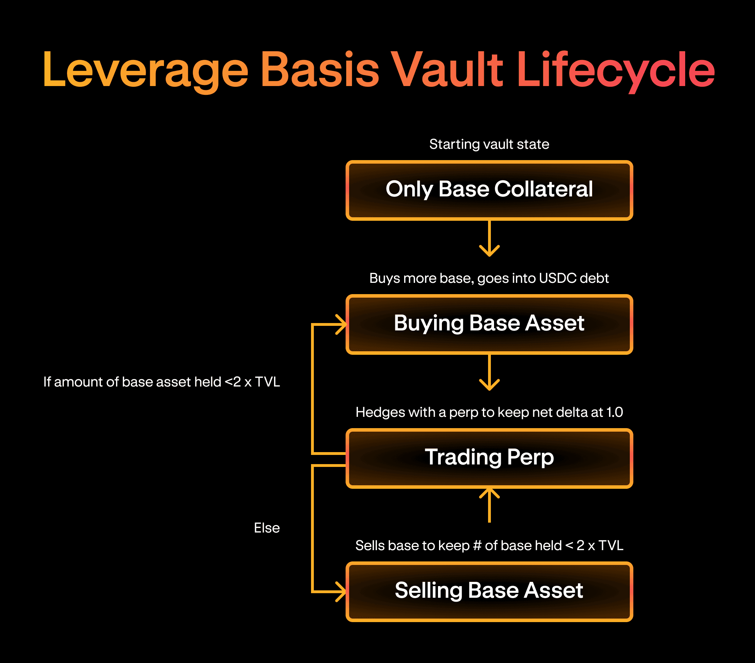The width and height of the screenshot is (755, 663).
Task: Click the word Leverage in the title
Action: click(x=146, y=70)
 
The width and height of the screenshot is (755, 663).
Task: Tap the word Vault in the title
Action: click(x=446, y=70)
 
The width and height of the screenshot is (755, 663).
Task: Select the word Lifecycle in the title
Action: click(x=615, y=70)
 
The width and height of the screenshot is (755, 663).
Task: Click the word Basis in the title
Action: click(x=320, y=70)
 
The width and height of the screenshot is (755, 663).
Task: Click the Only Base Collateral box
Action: click(x=489, y=190)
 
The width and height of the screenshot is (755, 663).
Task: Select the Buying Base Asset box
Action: click(x=489, y=324)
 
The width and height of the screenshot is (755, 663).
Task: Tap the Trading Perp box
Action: click(x=489, y=458)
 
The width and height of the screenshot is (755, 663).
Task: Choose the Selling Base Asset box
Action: click(x=489, y=591)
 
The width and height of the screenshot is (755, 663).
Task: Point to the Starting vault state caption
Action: click(x=489, y=144)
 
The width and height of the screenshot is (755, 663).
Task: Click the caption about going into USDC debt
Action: click(x=489, y=278)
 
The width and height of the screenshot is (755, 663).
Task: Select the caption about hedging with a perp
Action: click(x=489, y=412)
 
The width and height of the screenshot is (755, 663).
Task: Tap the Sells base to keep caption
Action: click(x=489, y=546)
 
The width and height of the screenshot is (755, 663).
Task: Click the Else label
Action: click(x=267, y=528)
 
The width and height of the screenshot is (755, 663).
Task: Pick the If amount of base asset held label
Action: click(x=162, y=382)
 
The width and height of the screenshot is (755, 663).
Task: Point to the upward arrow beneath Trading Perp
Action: click(x=489, y=505)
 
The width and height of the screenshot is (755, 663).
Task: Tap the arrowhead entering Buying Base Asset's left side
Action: click(x=341, y=324)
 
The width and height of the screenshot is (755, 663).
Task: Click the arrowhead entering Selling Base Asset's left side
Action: click(x=341, y=591)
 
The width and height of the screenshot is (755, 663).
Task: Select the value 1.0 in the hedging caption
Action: click(x=614, y=412)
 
